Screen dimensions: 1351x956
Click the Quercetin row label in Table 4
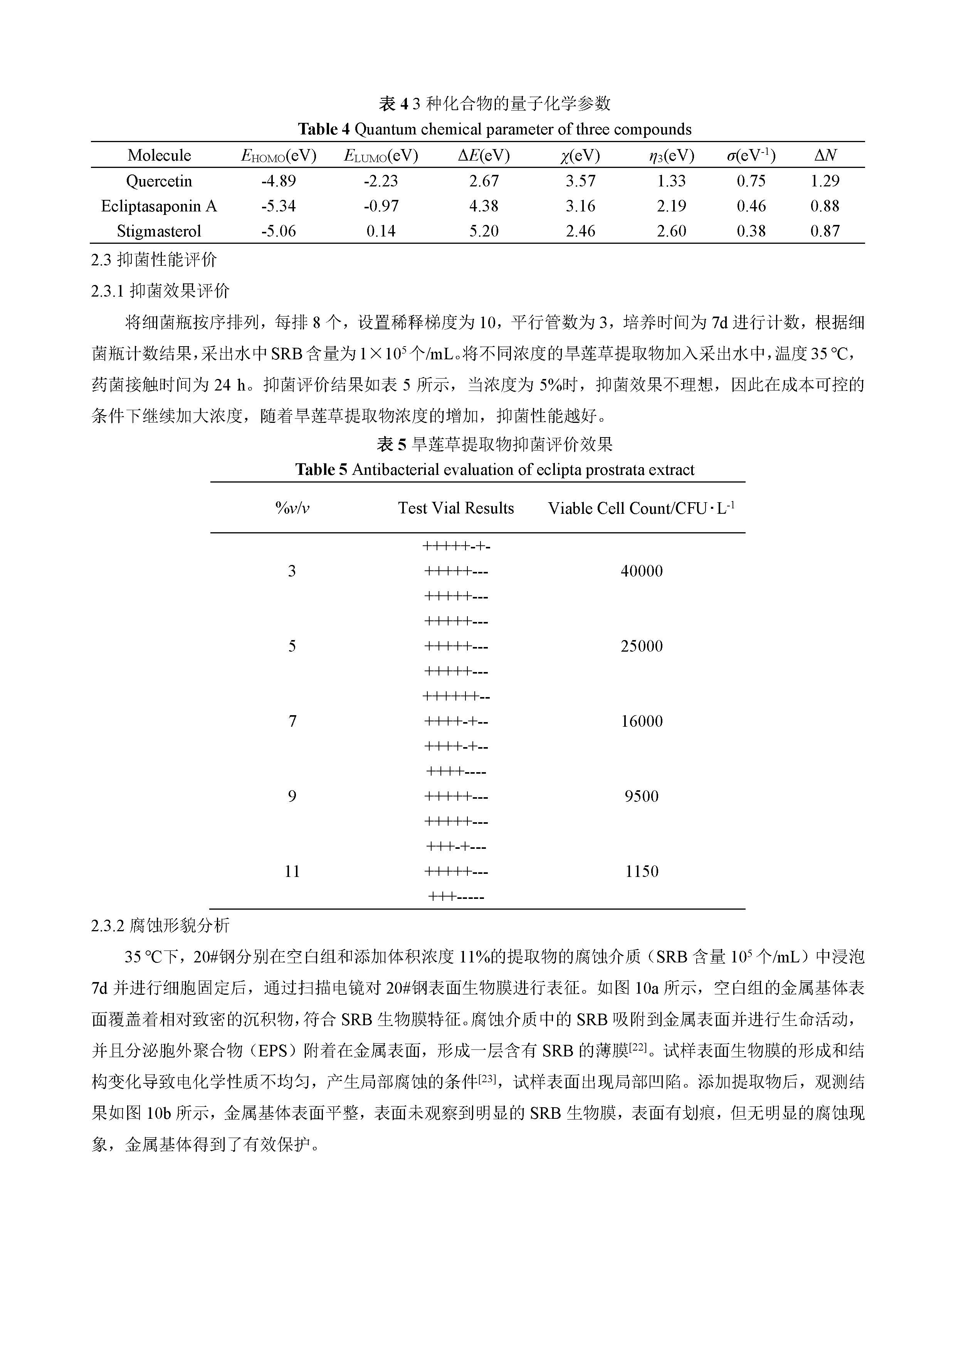point(159,181)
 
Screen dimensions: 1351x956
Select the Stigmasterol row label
point(159,231)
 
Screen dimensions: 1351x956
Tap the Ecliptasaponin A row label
point(159,206)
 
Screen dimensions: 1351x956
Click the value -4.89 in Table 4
point(279,181)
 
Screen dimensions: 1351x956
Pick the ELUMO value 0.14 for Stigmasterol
point(381,231)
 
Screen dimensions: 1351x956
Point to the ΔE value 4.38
point(484,206)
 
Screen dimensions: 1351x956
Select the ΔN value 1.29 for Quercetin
point(825,181)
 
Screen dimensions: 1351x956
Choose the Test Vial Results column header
point(455,508)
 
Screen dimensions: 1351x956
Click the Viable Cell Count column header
point(641,508)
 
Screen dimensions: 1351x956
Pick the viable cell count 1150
point(642,872)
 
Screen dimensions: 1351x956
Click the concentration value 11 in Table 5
point(292,872)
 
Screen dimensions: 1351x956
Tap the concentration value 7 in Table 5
point(292,721)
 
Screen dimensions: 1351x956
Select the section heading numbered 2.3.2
point(160,925)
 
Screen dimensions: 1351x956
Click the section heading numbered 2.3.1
point(160,291)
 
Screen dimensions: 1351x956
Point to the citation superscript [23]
point(487,1079)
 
